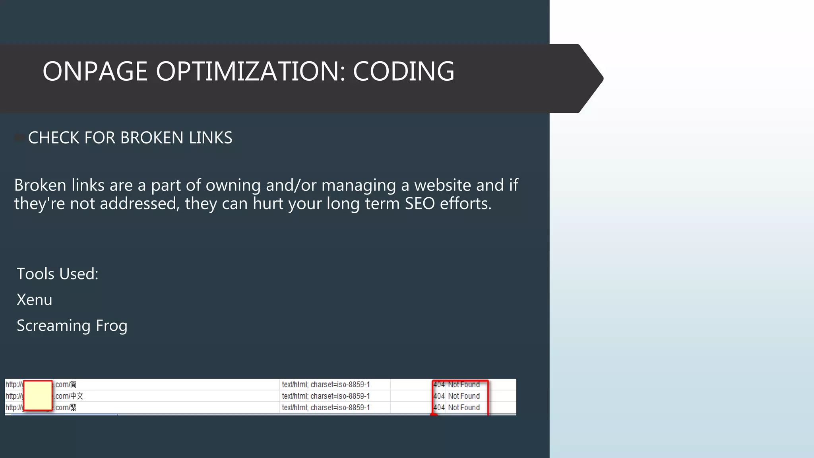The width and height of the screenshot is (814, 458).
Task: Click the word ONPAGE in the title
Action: coord(95,72)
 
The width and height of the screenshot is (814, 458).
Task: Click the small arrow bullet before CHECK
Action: coord(19,138)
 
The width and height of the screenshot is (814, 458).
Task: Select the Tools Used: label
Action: coord(57,274)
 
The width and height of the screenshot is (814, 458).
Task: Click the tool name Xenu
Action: coord(34,300)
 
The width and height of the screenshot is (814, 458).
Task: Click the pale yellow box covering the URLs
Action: coord(38,395)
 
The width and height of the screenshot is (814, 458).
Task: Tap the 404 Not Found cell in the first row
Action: coord(457,384)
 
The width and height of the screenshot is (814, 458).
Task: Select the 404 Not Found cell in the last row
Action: coord(457,408)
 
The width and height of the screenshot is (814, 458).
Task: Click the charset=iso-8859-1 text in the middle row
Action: coord(340,396)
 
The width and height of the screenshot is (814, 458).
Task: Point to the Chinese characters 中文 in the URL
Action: coord(77,396)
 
